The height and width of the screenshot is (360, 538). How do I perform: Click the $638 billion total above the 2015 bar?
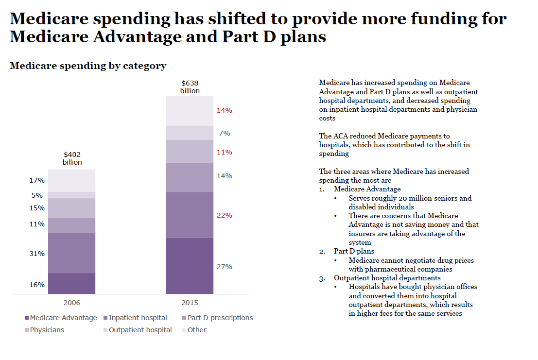[190, 87]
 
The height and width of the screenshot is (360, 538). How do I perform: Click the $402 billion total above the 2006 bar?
[72, 158]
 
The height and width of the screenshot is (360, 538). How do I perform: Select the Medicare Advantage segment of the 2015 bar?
[190, 266]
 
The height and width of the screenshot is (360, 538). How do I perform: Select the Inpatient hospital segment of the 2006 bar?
[72, 253]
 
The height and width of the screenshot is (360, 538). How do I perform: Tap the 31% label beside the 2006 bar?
[37, 254]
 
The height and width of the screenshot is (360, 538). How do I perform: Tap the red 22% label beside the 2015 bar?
[224, 215]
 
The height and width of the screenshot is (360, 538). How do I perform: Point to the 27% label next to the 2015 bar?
[224, 267]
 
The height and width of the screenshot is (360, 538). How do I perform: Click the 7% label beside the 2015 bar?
[224, 133]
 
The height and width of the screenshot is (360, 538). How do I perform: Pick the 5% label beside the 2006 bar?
[37, 195]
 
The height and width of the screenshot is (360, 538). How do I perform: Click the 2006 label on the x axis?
[72, 303]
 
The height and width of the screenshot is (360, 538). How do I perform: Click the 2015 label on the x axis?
[190, 303]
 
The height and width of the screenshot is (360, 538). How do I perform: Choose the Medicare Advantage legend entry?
[60, 318]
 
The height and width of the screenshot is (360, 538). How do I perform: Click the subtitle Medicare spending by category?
[88, 66]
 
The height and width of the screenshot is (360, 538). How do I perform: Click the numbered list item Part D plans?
[354, 251]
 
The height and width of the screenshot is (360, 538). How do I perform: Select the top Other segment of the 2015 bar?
[190, 111]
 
